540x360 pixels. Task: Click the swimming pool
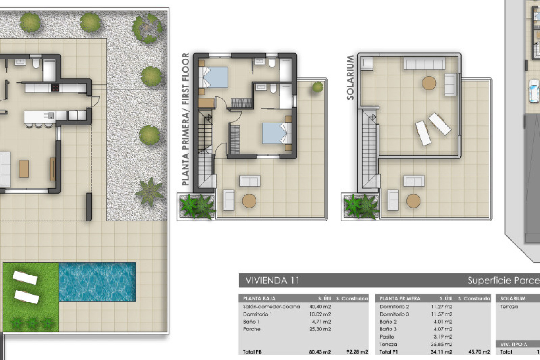[x=97, y=282]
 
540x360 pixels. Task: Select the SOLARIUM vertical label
[x=350, y=78]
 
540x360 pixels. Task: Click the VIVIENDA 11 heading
[x=272, y=280]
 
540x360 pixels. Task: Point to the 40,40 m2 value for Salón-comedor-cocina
[x=320, y=307]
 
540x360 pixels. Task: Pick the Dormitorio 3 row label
[x=394, y=314]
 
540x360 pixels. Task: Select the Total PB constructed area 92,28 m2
[x=357, y=352]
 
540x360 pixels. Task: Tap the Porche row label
[x=251, y=329]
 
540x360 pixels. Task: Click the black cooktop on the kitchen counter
[x=55, y=88]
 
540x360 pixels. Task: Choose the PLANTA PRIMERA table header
[x=400, y=298]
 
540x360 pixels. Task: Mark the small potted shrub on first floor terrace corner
[x=318, y=87]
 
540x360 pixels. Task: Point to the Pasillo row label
[x=387, y=337]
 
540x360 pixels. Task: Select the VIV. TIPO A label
[x=514, y=344]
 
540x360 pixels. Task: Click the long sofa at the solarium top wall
[x=425, y=63]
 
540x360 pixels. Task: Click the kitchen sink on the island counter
[x=51, y=115]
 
